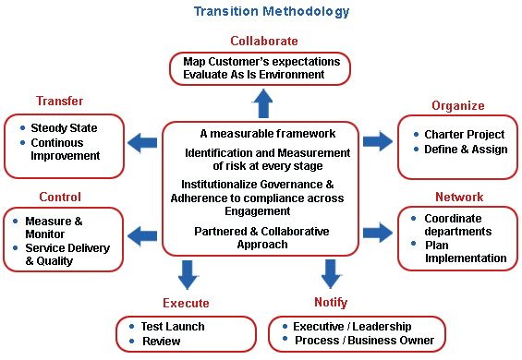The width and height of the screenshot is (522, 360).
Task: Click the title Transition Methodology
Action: (272, 12)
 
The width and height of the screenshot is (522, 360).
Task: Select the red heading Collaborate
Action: (264, 41)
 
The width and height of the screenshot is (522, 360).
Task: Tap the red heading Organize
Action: (458, 106)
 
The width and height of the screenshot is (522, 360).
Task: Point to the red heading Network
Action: (459, 197)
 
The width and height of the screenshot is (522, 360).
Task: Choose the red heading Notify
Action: (331, 302)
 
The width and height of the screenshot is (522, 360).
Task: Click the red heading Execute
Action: (186, 303)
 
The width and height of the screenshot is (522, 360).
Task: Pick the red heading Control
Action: (60, 197)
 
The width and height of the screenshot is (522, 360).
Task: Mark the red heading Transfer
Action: (59, 101)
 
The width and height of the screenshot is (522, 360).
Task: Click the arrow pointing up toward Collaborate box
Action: (263, 103)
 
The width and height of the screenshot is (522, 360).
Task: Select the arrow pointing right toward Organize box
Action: (378, 141)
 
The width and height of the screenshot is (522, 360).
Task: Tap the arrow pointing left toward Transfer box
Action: (142, 143)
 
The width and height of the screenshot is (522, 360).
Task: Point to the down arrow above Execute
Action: (188, 275)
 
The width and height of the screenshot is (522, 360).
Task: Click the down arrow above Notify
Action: (331, 274)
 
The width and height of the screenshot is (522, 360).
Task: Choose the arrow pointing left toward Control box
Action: (142, 236)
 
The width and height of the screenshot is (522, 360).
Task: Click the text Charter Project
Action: (465, 135)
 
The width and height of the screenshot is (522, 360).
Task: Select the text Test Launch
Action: (173, 327)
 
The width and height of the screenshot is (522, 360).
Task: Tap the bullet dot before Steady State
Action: (23, 127)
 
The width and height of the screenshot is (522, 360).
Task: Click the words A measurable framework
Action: (268, 134)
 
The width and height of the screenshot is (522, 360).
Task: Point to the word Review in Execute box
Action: (162, 341)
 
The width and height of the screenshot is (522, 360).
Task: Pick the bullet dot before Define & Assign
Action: (416, 149)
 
